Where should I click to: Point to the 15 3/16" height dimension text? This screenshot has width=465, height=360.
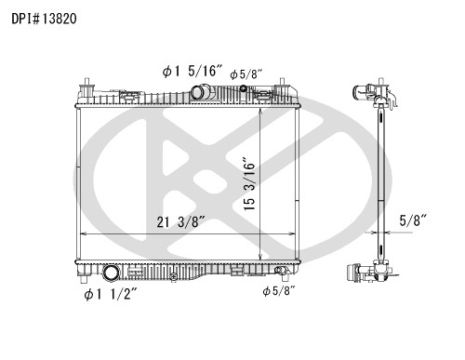248,186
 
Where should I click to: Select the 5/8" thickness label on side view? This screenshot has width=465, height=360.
412,220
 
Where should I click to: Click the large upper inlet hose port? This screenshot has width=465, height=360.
200,91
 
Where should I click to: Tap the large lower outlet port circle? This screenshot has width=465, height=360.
112,274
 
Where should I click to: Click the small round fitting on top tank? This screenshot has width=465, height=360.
244,91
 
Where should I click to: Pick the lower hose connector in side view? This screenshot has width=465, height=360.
365,273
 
